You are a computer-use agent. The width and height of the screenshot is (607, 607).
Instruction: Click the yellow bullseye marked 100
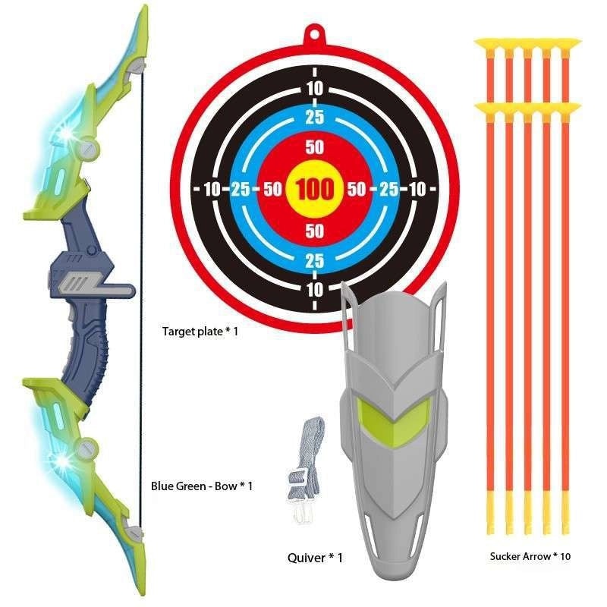click(315, 189)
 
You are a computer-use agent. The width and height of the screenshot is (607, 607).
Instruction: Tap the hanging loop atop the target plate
click(315, 34)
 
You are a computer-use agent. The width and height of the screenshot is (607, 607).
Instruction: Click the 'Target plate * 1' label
click(200, 331)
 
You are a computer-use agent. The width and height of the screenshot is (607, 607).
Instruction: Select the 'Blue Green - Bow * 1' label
click(201, 485)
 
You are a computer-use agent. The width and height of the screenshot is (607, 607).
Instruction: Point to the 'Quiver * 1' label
click(315, 558)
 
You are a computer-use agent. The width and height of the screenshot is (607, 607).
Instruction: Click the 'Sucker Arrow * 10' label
click(530, 556)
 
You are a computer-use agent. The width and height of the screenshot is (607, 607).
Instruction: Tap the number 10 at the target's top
click(315, 89)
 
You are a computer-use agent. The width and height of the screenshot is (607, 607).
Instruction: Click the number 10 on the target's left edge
click(212, 189)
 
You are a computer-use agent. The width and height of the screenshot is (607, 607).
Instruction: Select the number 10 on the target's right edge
click(417, 189)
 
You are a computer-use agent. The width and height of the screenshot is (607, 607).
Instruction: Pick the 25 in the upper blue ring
click(315, 118)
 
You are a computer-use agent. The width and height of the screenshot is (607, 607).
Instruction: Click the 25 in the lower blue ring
click(315, 261)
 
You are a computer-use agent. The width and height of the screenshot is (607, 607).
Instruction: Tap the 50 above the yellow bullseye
click(315, 146)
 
